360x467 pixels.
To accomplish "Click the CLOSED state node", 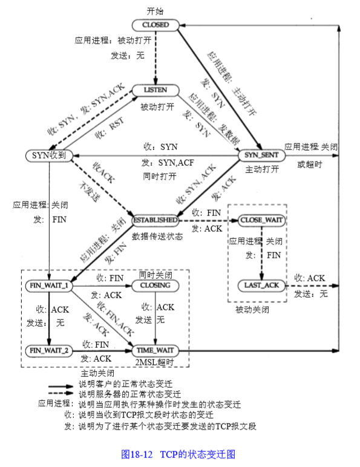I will point(155,25).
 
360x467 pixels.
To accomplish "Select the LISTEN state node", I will point(157,90).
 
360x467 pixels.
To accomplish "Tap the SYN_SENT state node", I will point(261,155).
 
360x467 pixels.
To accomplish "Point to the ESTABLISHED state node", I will point(156,220).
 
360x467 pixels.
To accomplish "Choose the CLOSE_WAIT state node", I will point(261,220).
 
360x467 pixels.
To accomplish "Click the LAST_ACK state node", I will point(261,284).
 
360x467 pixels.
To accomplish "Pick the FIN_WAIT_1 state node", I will point(48,284).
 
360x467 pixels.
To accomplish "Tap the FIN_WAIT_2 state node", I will point(48,349).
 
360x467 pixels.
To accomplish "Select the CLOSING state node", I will point(156,285).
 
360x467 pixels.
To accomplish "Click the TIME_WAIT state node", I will point(156,350).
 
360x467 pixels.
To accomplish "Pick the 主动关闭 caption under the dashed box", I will point(97,373).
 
